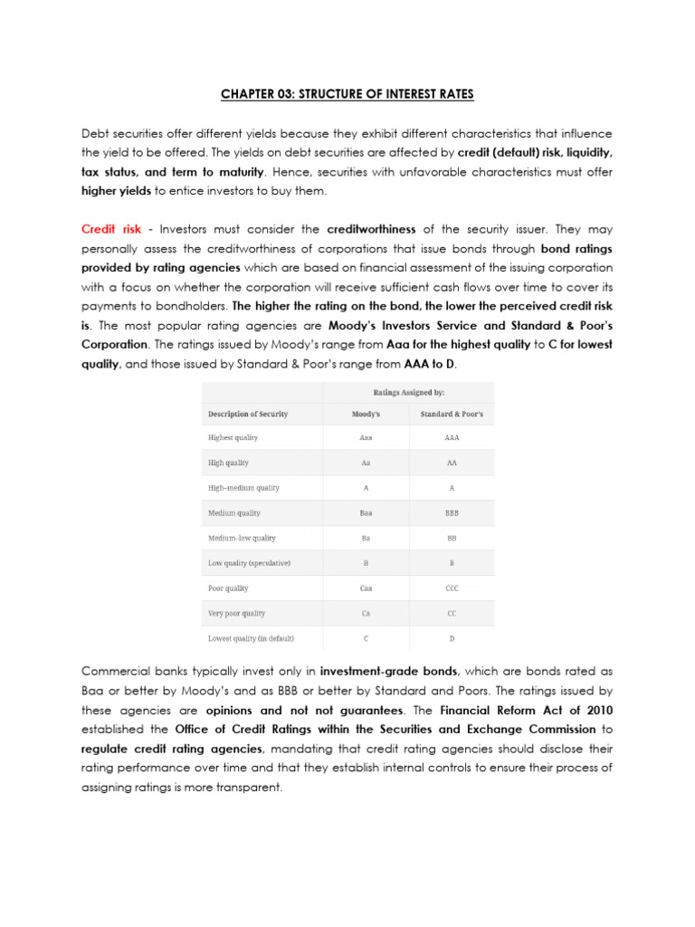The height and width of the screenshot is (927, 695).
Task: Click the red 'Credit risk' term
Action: point(110,230)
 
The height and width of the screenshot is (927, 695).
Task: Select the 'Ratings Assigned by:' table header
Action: point(408,393)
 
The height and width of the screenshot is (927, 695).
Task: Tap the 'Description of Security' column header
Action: point(248,414)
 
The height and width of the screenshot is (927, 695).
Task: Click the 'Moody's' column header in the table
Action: point(366,414)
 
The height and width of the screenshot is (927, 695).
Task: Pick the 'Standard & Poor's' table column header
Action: point(452,414)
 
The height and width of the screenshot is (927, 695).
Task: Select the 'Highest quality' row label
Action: point(233,438)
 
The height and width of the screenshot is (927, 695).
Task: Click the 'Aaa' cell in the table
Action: point(366,438)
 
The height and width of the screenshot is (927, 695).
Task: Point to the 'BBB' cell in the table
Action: point(452,513)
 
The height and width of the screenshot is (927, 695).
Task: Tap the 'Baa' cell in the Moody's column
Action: point(366,513)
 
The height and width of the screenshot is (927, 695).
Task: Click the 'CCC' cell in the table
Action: point(452,588)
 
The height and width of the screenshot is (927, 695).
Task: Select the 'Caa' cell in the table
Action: point(366,588)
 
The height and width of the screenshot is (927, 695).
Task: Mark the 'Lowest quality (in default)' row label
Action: point(251,638)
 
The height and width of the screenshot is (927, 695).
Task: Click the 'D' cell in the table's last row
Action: point(452,638)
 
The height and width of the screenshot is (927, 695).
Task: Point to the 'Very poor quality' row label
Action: point(236,614)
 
